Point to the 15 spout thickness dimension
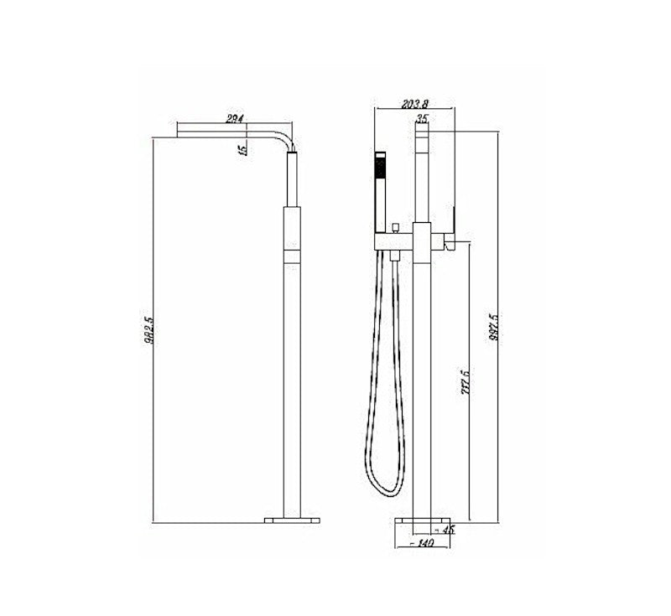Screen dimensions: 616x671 [242, 149]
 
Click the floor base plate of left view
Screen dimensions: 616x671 [292, 520]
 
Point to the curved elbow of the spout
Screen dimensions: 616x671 [288, 137]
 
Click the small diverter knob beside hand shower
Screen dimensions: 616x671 [394, 228]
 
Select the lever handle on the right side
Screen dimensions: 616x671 [452, 242]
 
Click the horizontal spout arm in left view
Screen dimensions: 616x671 [226, 132]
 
